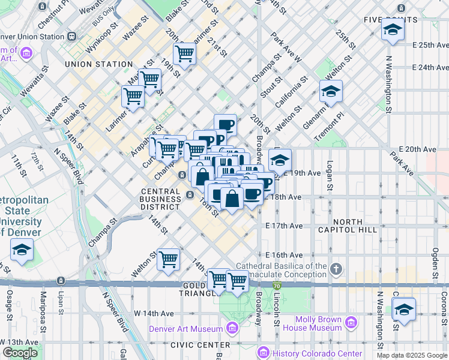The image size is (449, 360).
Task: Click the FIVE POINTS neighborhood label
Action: point(391,20)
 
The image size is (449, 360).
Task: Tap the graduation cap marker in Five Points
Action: point(392,30)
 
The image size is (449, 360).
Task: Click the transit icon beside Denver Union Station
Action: point(72,37)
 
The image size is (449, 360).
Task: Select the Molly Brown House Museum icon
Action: point(351,323)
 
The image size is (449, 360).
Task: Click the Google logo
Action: point(20,353)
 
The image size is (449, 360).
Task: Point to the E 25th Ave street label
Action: point(425,45)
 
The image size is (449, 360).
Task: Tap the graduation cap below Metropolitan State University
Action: point(22,250)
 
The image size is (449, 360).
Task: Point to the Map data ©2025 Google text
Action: point(412,355)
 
